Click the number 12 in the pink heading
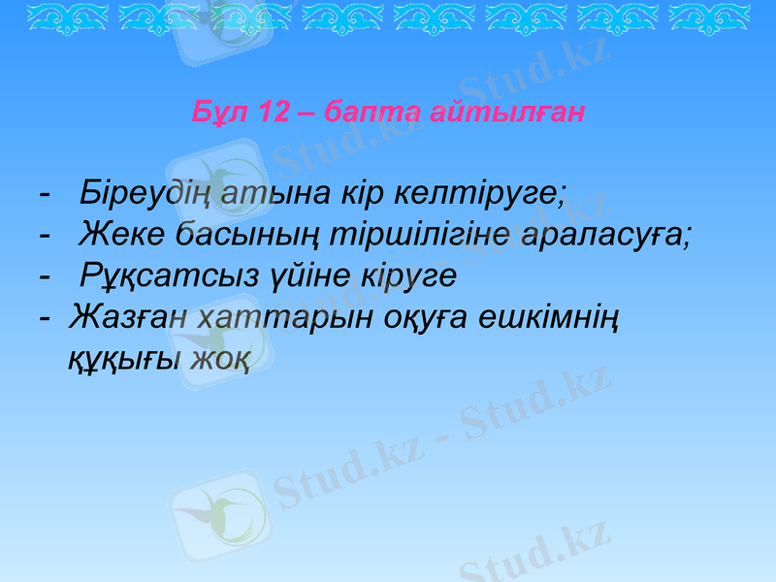point(275,113)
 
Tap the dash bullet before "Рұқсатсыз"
point(44,276)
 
